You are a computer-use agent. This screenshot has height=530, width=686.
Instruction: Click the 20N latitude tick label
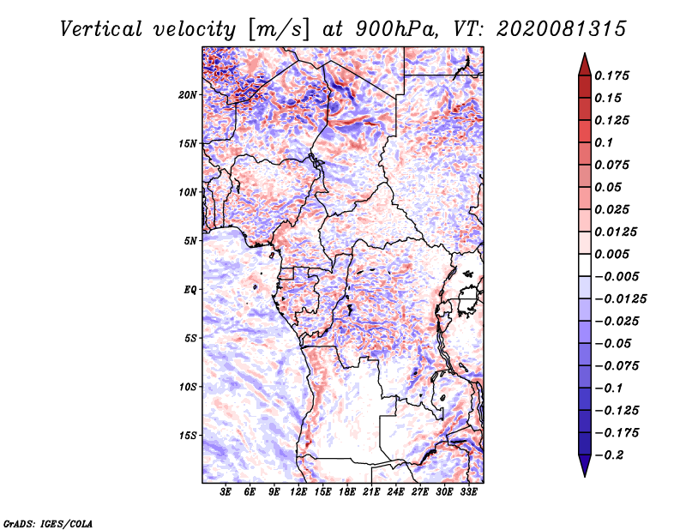tap(188, 95)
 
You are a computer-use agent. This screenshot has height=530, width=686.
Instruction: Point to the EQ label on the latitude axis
tap(190, 290)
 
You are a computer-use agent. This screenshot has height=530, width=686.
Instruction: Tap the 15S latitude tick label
tap(188, 436)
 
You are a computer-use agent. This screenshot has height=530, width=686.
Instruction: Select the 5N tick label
tap(190, 241)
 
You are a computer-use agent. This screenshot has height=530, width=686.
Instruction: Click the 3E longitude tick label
tap(226, 492)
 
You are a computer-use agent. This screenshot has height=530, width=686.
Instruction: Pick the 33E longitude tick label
tap(468, 492)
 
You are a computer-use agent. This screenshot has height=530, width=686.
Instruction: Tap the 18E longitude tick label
tap(347, 492)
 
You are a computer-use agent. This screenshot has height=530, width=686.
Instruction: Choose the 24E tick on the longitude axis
tap(395, 492)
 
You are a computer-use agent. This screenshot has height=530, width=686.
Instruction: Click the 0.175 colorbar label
tap(611, 75)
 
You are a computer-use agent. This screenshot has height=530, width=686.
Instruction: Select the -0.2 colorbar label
tap(609, 455)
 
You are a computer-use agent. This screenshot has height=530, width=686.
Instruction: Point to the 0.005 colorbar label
tap(611, 254)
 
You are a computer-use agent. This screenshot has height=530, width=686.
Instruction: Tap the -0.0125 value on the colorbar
tap(620, 299)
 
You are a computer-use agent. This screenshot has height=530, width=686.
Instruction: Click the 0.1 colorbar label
tap(604, 142)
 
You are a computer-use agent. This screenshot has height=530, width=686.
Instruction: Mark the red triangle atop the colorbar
tap(585, 65)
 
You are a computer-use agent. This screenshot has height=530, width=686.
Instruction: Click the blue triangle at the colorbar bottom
tap(585, 466)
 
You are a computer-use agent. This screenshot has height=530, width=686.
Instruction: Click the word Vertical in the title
tap(100, 29)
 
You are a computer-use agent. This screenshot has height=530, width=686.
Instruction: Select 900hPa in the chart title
tap(396, 29)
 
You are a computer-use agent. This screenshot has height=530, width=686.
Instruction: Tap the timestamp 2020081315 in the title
tap(562, 29)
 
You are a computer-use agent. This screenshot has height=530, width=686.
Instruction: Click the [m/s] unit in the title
tap(278, 29)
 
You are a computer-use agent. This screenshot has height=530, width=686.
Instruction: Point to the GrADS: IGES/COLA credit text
tap(48, 524)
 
